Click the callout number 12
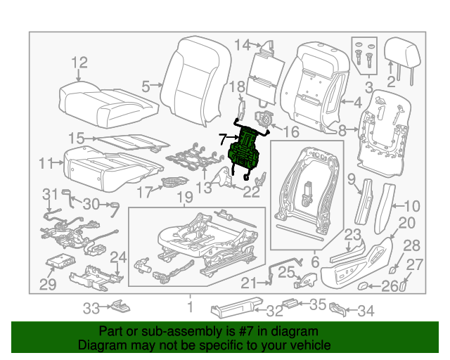click(79, 63)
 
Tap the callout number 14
click(242, 46)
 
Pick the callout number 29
click(47, 284)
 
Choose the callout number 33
click(92, 307)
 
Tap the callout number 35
click(318, 305)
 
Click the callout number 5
click(146, 86)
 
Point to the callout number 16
click(290, 131)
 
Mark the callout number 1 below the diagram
click(188, 307)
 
